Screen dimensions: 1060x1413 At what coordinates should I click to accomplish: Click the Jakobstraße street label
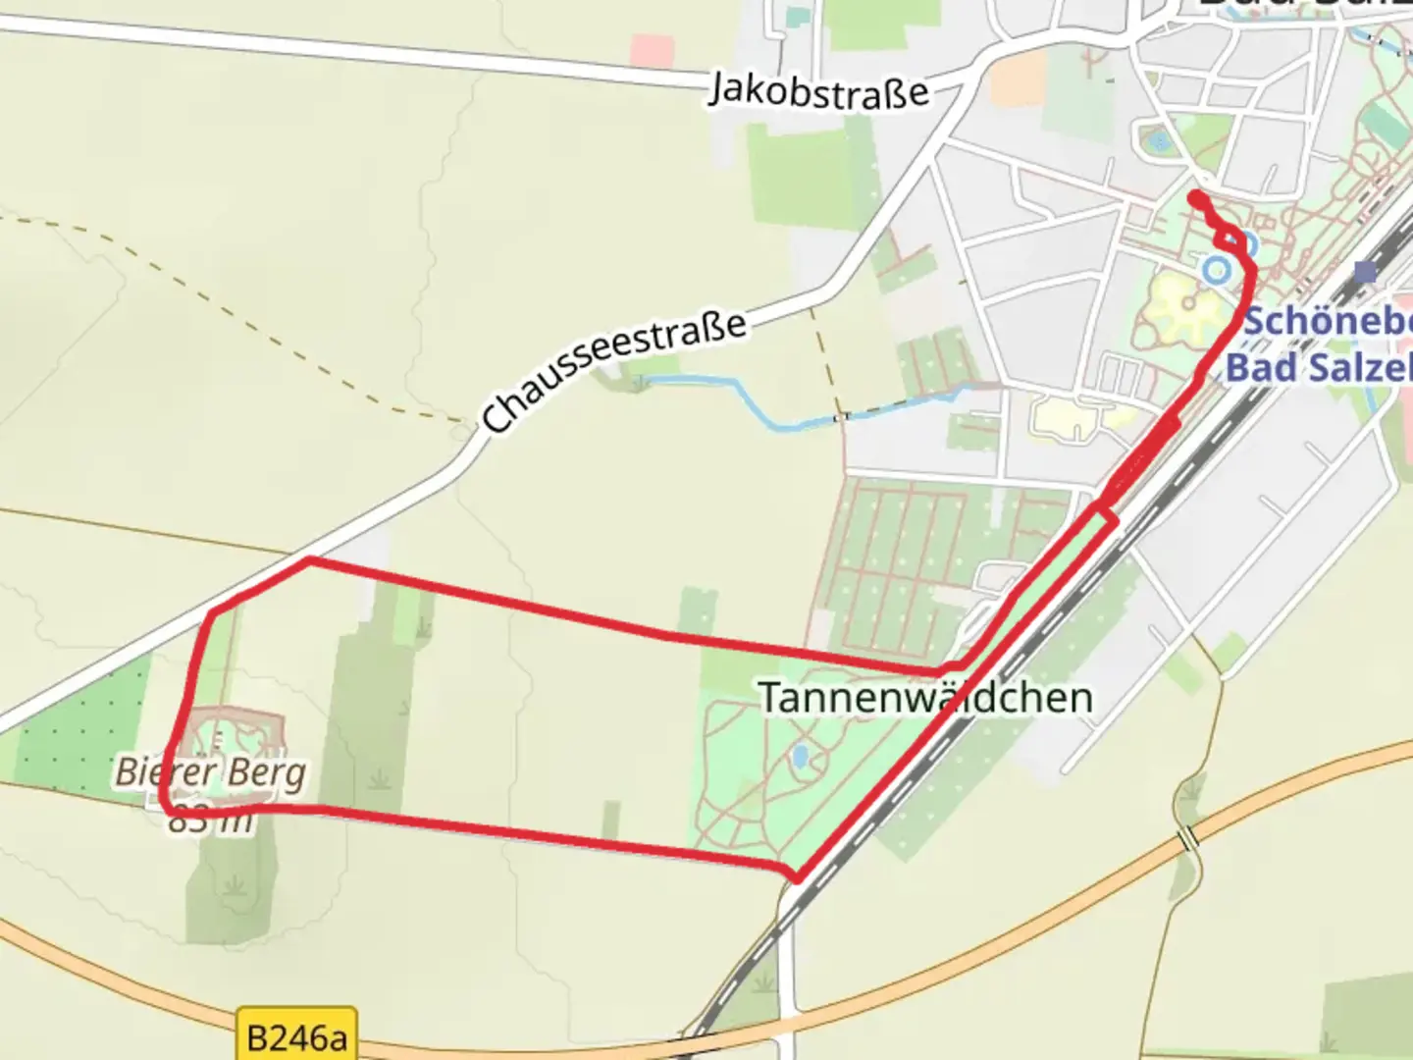click(x=818, y=90)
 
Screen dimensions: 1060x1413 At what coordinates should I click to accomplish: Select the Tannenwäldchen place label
click(x=925, y=698)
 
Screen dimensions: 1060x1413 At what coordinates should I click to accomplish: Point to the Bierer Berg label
click(x=210, y=772)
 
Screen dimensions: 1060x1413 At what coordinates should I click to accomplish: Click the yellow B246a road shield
click(x=296, y=1036)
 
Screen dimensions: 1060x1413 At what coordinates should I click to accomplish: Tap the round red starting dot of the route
click(x=1196, y=198)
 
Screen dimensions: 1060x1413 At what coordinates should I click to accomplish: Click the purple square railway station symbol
click(x=1365, y=271)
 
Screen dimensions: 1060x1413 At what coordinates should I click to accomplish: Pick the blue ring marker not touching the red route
click(x=1217, y=269)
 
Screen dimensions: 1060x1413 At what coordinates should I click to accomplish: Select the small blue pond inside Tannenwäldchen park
click(x=801, y=756)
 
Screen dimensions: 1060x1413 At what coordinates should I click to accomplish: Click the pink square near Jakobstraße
click(x=653, y=51)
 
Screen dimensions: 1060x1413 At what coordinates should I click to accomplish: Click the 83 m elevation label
click(x=210, y=821)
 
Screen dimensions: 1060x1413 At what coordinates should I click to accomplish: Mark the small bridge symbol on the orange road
click(x=1189, y=838)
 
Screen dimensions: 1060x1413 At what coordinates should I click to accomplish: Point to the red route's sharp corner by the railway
click(x=799, y=877)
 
